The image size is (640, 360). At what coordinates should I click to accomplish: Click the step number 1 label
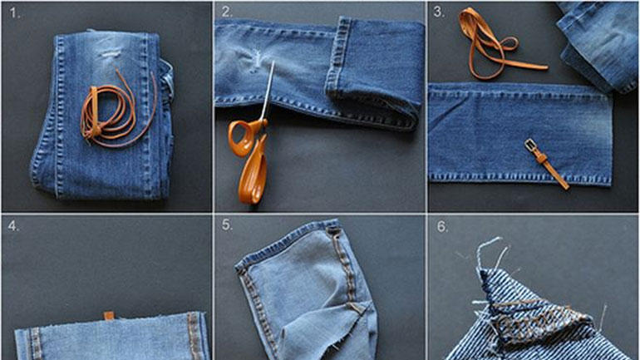point(14,13)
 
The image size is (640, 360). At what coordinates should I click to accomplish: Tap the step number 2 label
point(227,12)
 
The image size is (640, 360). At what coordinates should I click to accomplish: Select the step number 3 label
point(439,12)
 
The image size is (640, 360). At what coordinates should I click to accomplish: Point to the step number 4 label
point(13,225)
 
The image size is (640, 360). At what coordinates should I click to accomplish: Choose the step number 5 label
point(227,225)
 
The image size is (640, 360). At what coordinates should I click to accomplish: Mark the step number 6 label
point(442,227)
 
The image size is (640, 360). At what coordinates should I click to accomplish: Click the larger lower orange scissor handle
point(254,171)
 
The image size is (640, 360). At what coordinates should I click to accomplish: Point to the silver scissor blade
point(268,91)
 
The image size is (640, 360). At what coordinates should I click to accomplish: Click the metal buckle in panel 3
point(531,145)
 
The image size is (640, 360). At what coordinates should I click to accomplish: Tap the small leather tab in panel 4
point(109,315)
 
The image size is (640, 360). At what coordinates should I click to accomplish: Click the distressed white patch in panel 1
point(111,53)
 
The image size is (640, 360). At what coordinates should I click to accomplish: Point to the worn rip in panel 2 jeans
point(255,61)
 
